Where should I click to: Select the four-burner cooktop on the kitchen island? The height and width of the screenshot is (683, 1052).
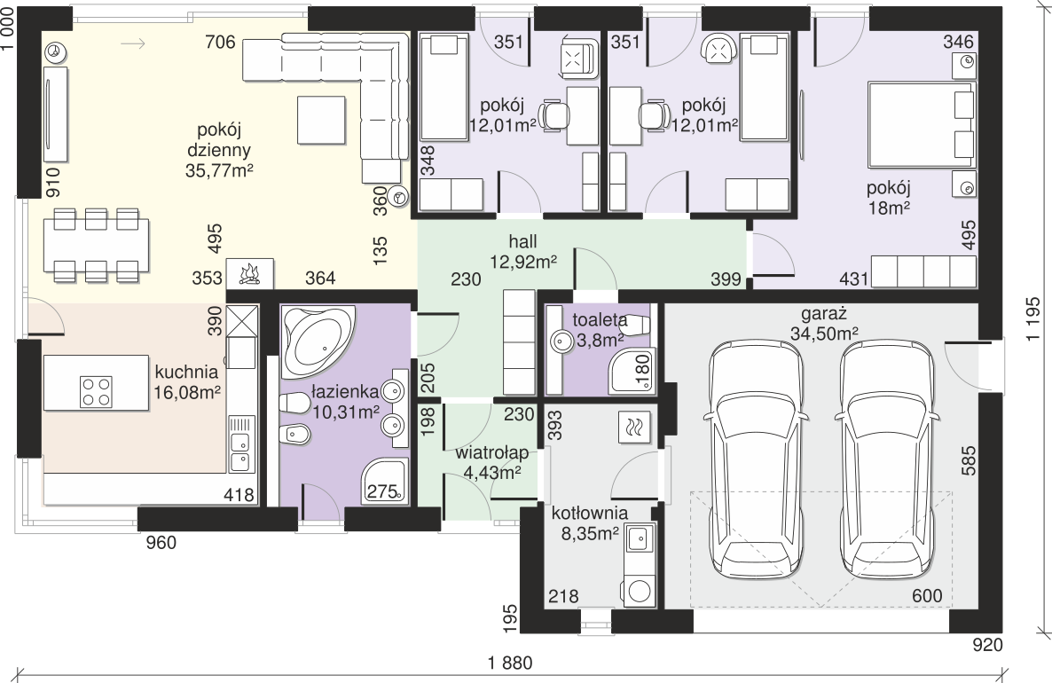pyautogui.click(x=96, y=392)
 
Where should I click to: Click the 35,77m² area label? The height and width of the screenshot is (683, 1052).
pyautogui.click(x=219, y=171)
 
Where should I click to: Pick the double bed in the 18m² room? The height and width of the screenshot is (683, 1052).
pyautogui.click(x=922, y=125)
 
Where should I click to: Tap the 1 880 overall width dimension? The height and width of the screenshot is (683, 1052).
pyautogui.click(x=510, y=663)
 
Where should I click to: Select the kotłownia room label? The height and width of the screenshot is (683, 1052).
pyautogui.click(x=590, y=514)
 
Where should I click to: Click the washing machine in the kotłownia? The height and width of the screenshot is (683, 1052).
pyautogui.click(x=638, y=591)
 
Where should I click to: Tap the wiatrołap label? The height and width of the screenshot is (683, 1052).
pyautogui.click(x=491, y=453)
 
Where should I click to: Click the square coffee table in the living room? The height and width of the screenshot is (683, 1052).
pyautogui.click(x=322, y=120)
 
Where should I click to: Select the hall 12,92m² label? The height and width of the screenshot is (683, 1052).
pyautogui.click(x=523, y=252)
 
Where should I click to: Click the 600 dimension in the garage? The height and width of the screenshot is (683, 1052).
pyautogui.click(x=927, y=596)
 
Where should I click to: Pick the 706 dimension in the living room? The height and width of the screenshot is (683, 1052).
pyautogui.click(x=220, y=43)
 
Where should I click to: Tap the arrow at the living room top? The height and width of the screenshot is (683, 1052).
pyautogui.click(x=134, y=43)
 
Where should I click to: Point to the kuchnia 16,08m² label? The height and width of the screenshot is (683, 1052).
pyautogui.click(x=187, y=382)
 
